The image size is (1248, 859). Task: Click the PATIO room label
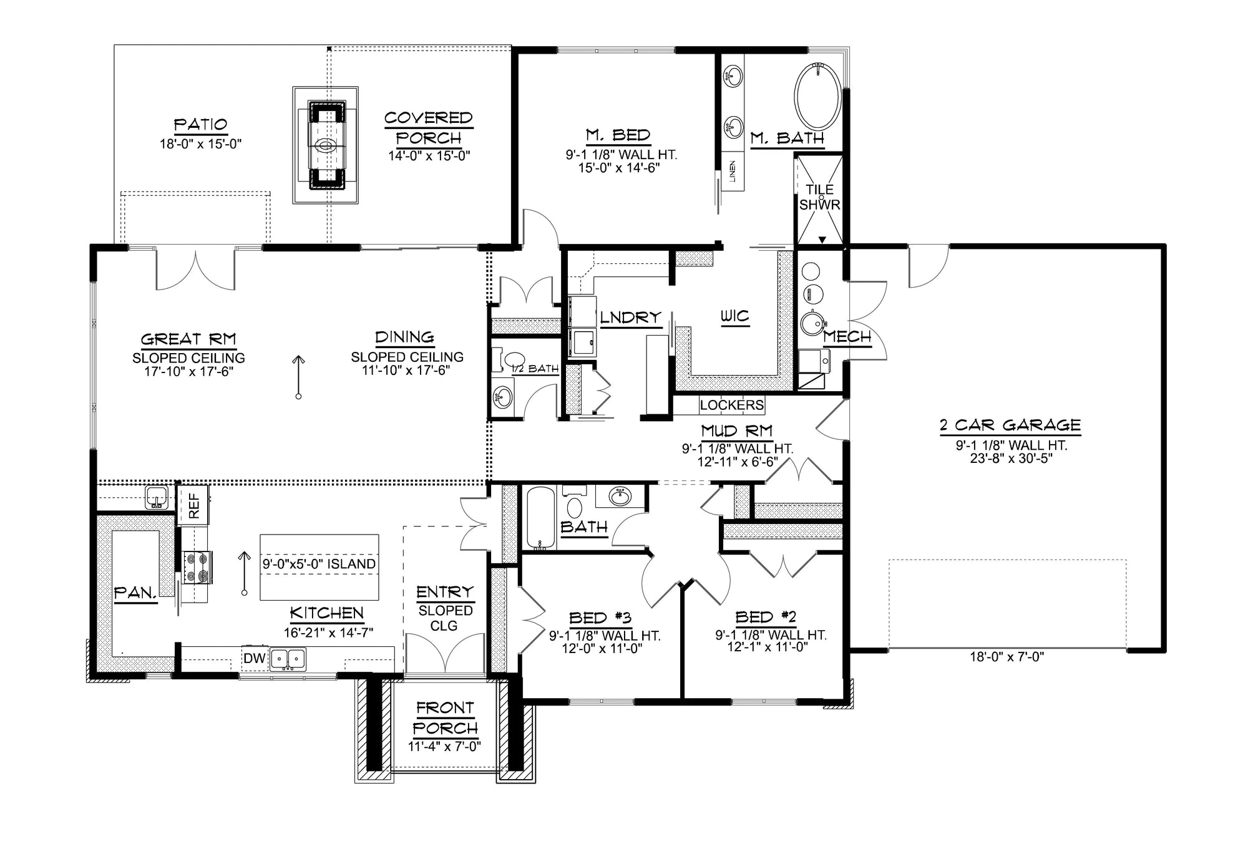tap(200, 125)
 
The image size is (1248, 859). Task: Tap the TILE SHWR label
tap(819, 197)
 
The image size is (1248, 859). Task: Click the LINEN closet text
tap(732, 172)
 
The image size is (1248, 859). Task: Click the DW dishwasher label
tap(255, 658)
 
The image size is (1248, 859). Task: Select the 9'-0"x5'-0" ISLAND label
tap(319, 564)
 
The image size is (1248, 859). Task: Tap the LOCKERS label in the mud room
tap(731, 405)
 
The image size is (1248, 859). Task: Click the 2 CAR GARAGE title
tap(1010, 425)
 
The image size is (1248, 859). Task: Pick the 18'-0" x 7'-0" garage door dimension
tap(1007, 656)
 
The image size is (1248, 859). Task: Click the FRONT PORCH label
tap(445, 717)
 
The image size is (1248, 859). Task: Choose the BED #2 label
tap(766, 617)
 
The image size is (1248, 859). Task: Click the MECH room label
tap(847, 337)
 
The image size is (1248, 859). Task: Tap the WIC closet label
tap(734, 316)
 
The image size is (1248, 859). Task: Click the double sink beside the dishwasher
tap(288, 658)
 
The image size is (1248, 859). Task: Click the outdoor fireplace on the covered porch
tap(326, 145)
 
